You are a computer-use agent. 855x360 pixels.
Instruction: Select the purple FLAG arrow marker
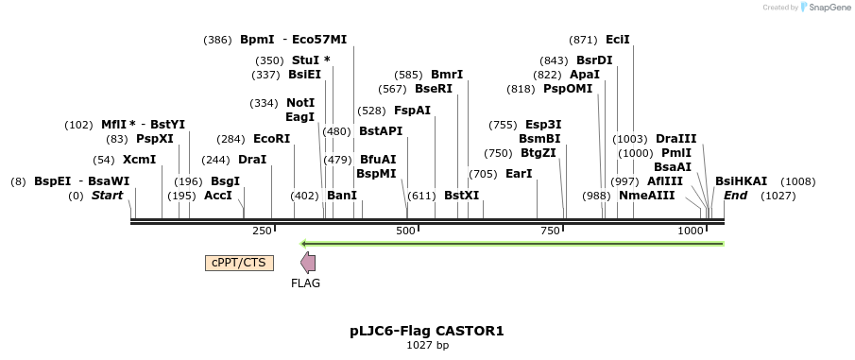[307, 263]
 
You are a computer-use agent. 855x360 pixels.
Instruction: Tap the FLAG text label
[305, 283]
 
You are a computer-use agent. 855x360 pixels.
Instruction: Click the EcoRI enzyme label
[271, 139]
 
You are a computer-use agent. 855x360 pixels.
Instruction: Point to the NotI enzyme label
[300, 103]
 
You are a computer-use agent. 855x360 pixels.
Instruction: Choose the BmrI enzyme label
[447, 75]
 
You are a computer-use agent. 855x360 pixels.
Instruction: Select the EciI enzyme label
[618, 40]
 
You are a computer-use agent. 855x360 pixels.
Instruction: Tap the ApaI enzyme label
[585, 75]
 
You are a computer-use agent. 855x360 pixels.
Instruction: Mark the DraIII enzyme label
[675, 139]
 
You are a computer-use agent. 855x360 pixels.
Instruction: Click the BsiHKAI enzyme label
[741, 181]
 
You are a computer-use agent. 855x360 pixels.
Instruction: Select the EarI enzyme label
[519, 174]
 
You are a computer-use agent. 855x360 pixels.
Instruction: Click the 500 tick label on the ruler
[405, 231]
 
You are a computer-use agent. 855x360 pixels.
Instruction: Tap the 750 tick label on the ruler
[549, 231]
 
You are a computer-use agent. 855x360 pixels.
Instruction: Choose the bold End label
[735, 196]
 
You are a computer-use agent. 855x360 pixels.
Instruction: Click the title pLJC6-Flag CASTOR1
[427, 331]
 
